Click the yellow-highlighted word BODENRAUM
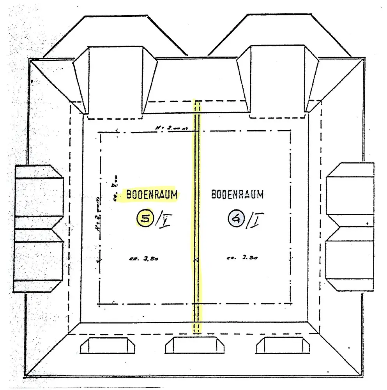click(151, 194)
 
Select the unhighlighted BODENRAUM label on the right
click(237, 194)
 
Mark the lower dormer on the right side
click(350, 259)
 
